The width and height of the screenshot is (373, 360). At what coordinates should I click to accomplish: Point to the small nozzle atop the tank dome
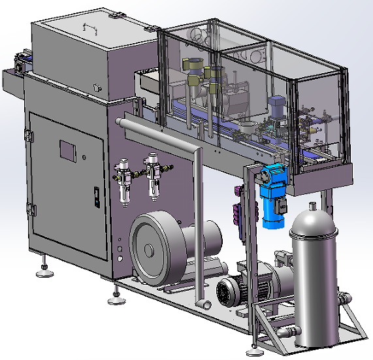click(313, 206)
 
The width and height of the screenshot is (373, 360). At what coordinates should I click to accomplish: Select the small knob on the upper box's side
click(98, 86)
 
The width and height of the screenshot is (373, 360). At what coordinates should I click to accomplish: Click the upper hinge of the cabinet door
click(28, 135)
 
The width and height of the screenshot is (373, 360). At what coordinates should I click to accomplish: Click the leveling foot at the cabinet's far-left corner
click(44, 270)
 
